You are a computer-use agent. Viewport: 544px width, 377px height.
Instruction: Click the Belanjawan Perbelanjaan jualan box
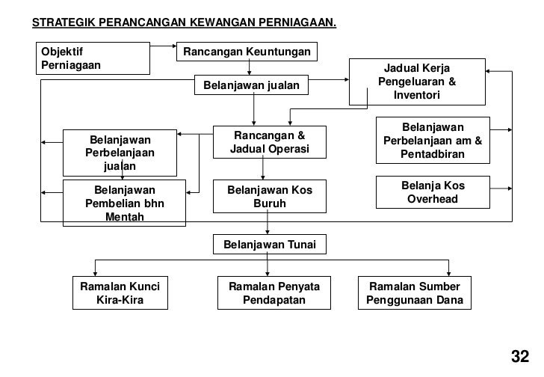(x=120, y=153)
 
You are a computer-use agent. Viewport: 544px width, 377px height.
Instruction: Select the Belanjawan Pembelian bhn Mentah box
(x=124, y=203)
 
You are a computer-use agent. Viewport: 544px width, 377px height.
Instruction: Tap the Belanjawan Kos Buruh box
(x=270, y=197)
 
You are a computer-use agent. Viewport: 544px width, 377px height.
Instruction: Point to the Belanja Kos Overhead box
(x=433, y=192)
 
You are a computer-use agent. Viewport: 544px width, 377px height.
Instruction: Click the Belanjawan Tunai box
(x=270, y=245)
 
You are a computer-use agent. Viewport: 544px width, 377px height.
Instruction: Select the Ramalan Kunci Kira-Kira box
(x=120, y=294)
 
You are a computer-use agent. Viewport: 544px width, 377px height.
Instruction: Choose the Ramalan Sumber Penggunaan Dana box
(x=415, y=294)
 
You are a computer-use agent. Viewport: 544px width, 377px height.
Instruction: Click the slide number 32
(x=520, y=355)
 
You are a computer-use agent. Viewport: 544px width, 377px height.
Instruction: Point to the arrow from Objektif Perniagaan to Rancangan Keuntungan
(x=163, y=46)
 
